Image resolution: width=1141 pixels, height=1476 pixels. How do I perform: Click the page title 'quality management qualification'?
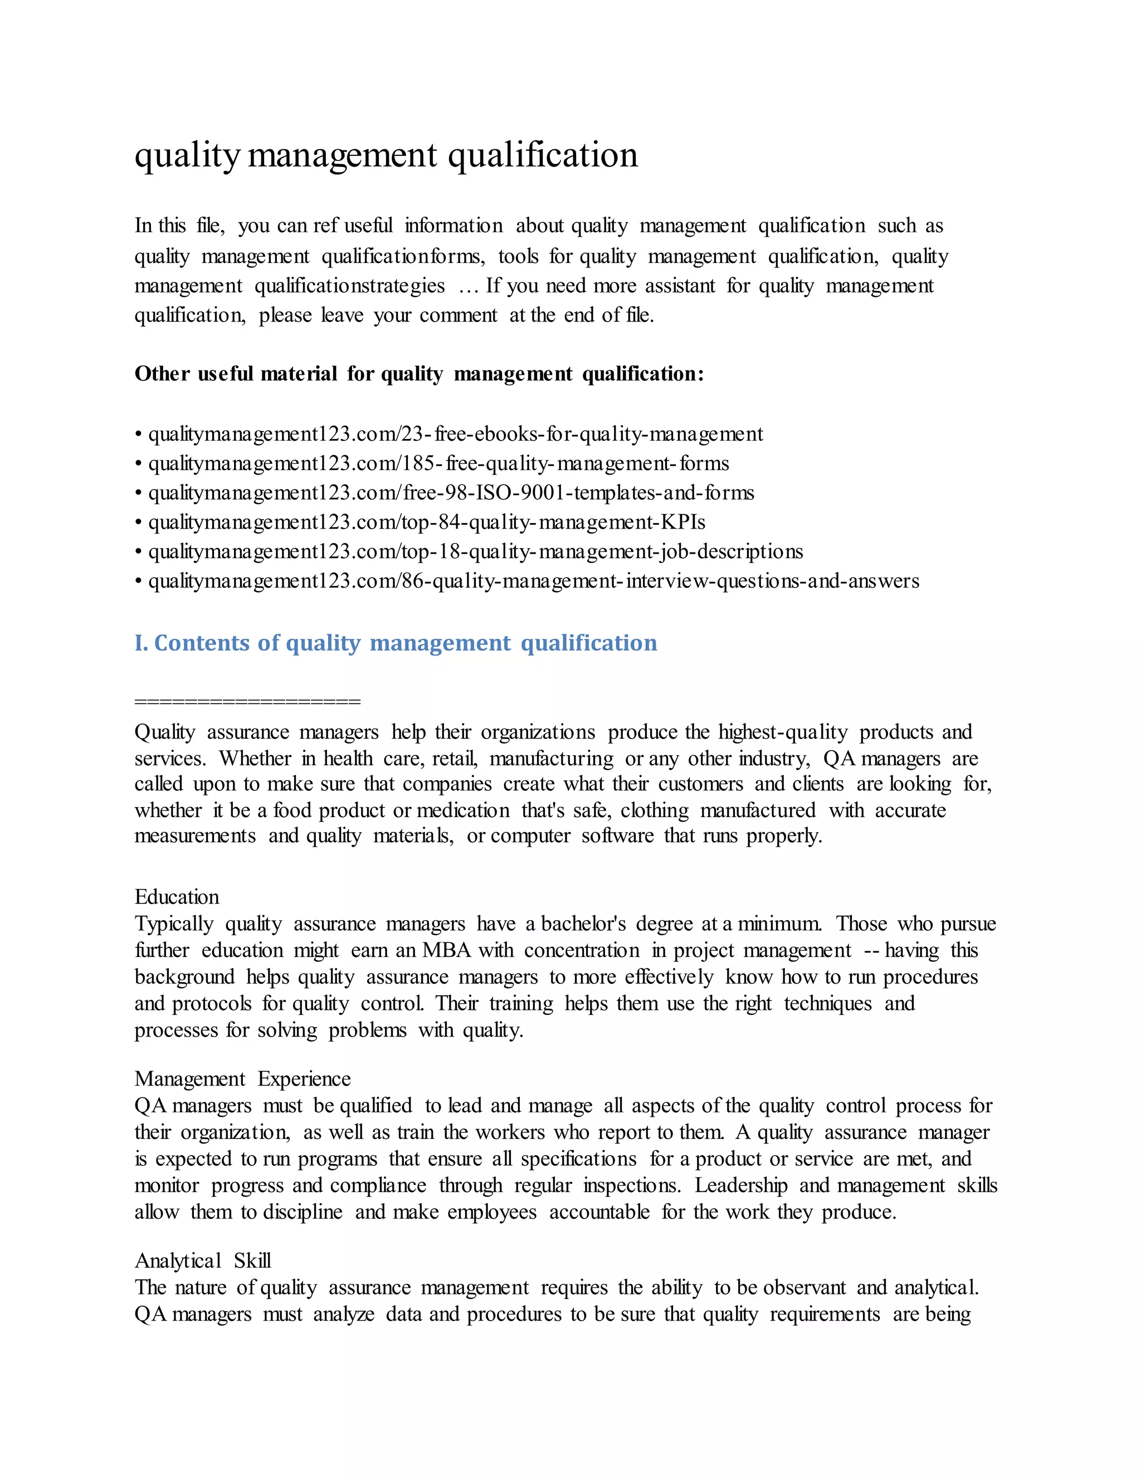tap(386, 156)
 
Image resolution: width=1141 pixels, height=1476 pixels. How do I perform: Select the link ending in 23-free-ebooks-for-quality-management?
tap(455, 434)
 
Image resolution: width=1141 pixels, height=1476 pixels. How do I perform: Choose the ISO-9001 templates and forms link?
tap(451, 493)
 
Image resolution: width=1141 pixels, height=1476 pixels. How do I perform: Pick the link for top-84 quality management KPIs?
tap(427, 522)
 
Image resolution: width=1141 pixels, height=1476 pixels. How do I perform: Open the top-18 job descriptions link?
tap(475, 551)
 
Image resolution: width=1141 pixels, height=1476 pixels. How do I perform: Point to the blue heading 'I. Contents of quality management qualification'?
tap(396, 643)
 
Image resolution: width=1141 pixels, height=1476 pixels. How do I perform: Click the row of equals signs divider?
tap(247, 701)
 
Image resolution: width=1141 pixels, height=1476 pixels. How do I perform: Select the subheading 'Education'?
tap(177, 897)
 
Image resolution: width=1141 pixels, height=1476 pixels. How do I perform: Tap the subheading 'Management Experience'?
tap(242, 1079)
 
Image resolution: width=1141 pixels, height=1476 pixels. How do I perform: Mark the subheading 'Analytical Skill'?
tap(202, 1260)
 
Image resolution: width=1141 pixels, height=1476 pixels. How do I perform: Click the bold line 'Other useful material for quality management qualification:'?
tap(419, 374)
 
